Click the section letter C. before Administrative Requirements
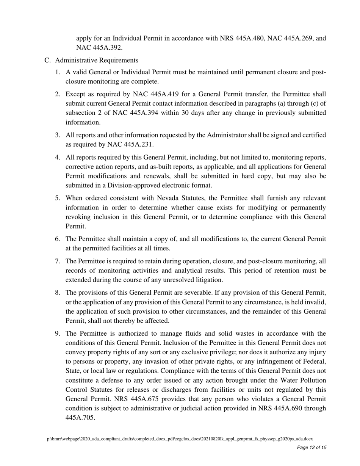coord(47,60)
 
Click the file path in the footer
coord(180,439)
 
